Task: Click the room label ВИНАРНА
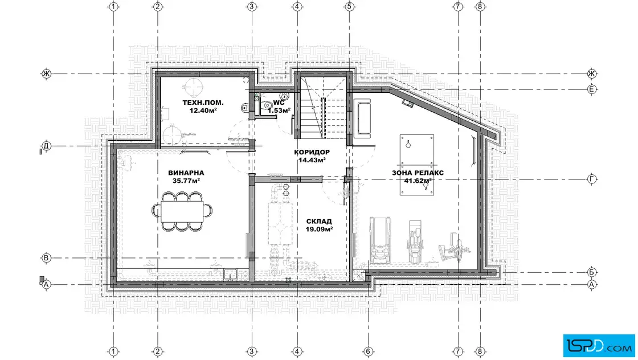click(186, 173)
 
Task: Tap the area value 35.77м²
click(186, 181)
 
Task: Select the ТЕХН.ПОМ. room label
click(203, 103)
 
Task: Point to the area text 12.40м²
click(203, 111)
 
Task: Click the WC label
click(279, 103)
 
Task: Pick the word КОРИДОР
click(312, 152)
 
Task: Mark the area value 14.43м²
click(312, 160)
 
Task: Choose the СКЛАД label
click(319, 221)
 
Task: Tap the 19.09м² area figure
click(319, 229)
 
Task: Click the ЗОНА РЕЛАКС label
click(418, 173)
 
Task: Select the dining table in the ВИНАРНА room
click(182, 211)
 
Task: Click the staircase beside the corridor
click(324, 108)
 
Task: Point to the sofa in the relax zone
click(363, 117)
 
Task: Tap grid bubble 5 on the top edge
click(349, 6)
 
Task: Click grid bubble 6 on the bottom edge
click(368, 351)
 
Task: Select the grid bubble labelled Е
click(592, 89)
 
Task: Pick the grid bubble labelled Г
click(592, 179)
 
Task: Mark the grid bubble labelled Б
click(592, 272)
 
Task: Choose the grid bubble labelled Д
click(46, 146)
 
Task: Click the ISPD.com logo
click(599, 346)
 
